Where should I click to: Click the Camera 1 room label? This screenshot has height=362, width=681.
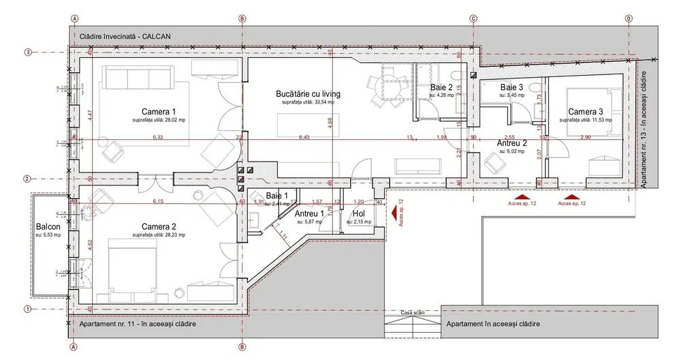(x=159, y=112)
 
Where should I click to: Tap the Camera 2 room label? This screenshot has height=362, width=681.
(x=159, y=226)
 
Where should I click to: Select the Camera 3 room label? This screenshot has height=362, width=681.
(x=586, y=112)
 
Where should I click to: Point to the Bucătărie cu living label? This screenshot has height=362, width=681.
(x=308, y=94)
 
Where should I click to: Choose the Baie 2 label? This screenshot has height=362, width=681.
(x=441, y=88)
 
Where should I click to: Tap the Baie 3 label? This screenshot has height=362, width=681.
(x=511, y=88)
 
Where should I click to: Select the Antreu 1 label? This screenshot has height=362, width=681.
(x=309, y=214)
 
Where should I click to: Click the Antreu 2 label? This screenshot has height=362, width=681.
(x=511, y=143)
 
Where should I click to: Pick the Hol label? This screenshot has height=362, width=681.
(x=359, y=214)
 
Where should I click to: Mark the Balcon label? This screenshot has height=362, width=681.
(x=48, y=227)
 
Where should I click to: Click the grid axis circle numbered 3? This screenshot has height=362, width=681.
(x=29, y=52)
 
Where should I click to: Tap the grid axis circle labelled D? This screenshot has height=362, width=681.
(x=628, y=19)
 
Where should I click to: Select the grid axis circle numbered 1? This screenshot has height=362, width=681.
(x=29, y=309)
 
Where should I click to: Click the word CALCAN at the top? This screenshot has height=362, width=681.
(x=157, y=35)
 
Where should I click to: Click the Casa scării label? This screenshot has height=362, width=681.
(x=413, y=312)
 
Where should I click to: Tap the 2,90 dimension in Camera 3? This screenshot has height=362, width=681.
(x=585, y=137)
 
